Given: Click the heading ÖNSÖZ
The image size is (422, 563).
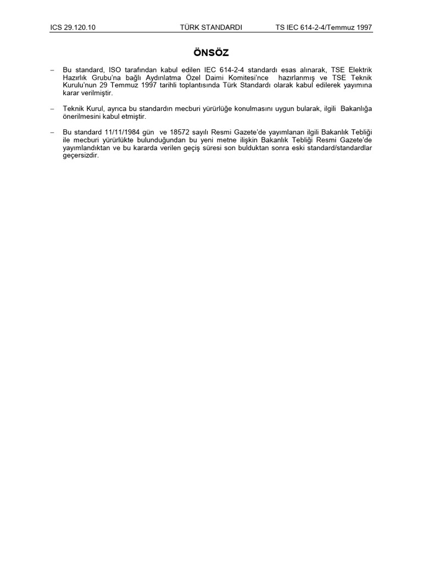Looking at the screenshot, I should pos(211,53).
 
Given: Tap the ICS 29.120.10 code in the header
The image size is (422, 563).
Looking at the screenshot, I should pos(73,27).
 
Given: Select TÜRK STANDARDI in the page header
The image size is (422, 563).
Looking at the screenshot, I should pos(211,27).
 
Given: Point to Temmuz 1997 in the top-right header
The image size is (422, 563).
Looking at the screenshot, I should pos(351,27).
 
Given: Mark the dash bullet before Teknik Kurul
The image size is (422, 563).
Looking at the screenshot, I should pos(52,109).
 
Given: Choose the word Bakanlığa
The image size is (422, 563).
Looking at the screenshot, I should pos(356,109).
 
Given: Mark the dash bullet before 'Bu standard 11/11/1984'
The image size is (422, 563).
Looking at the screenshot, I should pos(52,132).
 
